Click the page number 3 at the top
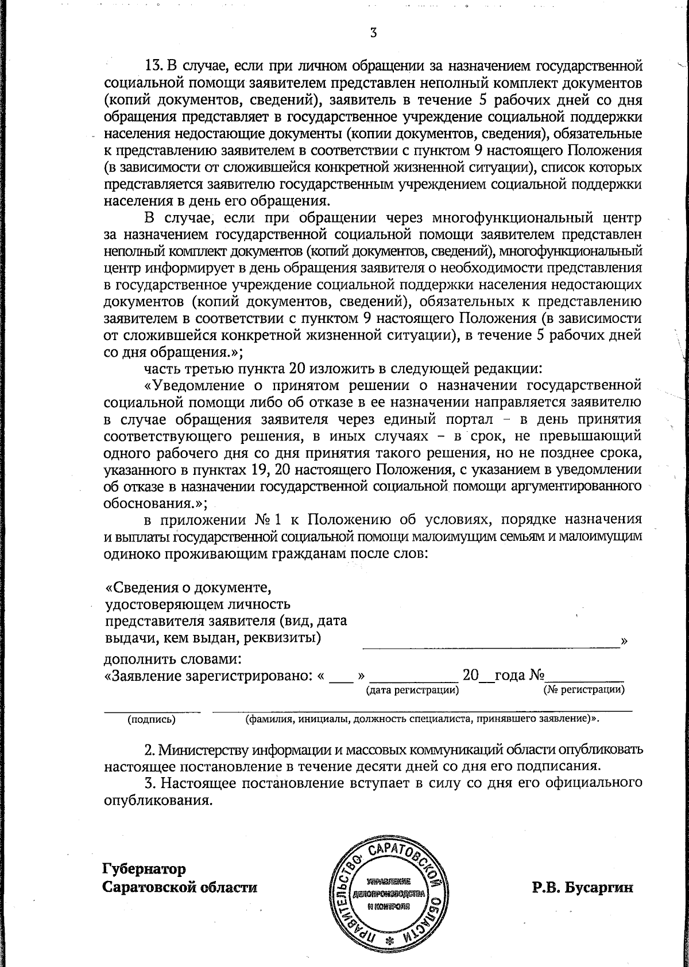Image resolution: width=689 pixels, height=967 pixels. tap(373, 33)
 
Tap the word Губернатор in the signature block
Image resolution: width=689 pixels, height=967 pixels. tap(144, 868)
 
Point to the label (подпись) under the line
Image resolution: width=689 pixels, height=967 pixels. tap(151, 718)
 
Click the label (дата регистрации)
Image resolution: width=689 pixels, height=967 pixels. tap(412, 689)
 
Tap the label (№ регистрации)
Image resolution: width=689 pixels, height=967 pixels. tap(584, 689)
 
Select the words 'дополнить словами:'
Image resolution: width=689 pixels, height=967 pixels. tap(172, 658)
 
